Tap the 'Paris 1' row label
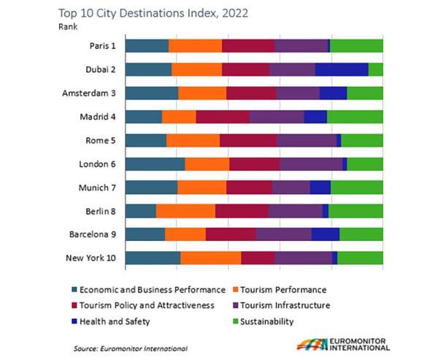(101, 46)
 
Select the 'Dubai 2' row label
(100, 69)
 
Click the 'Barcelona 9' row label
(93, 234)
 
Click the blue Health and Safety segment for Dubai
(341, 69)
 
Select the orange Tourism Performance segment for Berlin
(185, 210)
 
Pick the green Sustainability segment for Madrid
(355, 116)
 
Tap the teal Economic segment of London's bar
(155, 164)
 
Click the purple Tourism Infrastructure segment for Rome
(306, 140)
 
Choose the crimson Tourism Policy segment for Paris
(248, 46)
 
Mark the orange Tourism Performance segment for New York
(210, 257)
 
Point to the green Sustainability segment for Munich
(356, 187)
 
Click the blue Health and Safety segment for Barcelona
(325, 234)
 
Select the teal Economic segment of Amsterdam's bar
(151, 93)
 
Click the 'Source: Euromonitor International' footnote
(130, 348)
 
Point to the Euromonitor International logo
(343, 345)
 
